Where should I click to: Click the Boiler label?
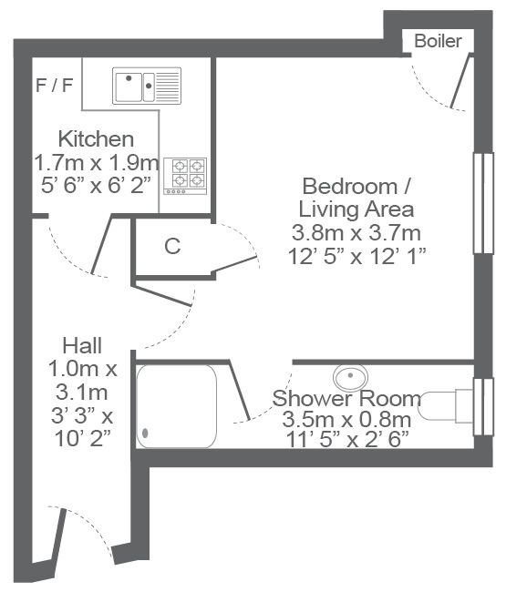[438, 41]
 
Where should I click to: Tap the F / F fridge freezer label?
[55, 85]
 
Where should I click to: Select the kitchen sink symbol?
[147, 86]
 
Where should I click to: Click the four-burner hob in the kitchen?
[185, 176]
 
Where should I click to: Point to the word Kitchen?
[96, 139]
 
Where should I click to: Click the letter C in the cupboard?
[172, 247]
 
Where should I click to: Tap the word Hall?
[82, 345]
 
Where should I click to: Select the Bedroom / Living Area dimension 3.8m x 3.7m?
[356, 233]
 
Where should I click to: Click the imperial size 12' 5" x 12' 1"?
[356, 256]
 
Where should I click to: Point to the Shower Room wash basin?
[350, 377]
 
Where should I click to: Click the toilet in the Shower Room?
[447, 406]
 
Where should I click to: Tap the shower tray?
[177, 406]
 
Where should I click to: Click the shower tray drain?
[145, 433]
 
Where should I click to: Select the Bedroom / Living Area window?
[483, 203]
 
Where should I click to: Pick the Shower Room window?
[483, 406]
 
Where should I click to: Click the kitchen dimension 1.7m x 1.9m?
[97, 163]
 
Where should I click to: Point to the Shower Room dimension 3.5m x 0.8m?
[346, 419]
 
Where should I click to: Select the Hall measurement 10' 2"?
[83, 439]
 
